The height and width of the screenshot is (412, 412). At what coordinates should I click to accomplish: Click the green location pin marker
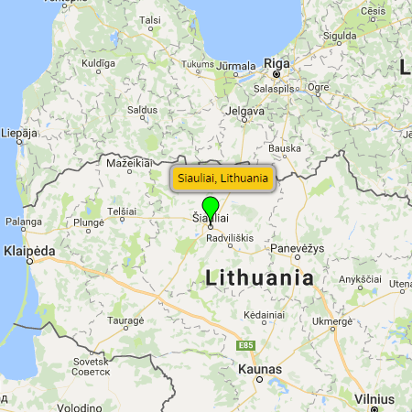[x=211, y=207]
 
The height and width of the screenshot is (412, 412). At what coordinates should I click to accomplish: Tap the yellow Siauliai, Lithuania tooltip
[x=223, y=178]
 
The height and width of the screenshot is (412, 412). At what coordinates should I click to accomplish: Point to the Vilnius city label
[x=374, y=399]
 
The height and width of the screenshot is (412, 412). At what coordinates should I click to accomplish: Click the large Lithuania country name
[x=260, y=277]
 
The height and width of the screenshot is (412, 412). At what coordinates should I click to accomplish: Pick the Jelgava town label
[x=244, y=111]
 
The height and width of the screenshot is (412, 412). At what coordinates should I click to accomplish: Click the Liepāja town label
[x=18, y=133]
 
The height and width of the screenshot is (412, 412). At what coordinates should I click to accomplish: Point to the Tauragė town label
[x=126, y=320]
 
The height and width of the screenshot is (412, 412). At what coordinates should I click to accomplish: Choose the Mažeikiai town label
[x=128, y=162]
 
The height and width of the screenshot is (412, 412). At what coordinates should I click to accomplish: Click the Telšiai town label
[x=122, y=211]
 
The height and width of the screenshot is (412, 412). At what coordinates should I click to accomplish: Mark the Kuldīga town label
[x=99, y=63]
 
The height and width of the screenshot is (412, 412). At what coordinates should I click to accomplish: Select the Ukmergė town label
[x=332, y=321]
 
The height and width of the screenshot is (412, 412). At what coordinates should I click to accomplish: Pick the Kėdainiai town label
[x=264, y=314]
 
